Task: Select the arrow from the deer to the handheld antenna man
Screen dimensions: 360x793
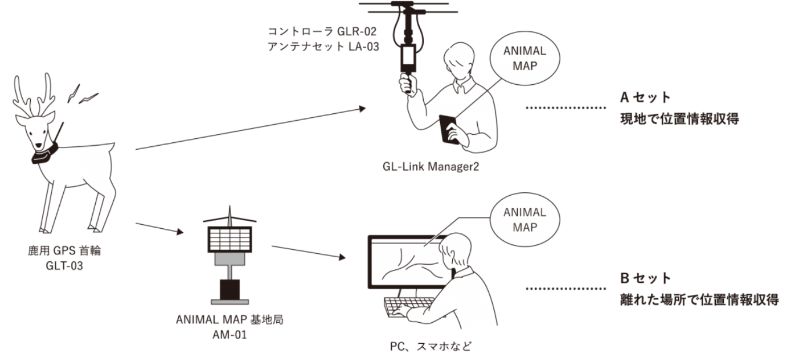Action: click(x=250, y=128)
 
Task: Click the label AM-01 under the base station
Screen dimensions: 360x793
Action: click(x=230, y=334)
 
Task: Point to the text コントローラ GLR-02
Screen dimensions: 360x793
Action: click(x=323, y=31)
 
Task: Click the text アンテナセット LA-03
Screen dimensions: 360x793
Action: click(x=323, y=46)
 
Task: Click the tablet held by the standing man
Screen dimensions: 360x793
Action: click(x=448, y=128)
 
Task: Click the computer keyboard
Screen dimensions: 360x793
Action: click(x=409, y=306)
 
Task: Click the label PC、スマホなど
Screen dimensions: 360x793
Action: click(x=431, y=347)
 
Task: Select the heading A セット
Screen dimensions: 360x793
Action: click(x=644, y=98)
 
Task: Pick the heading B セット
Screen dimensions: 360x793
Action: click(x=645, y=278)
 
